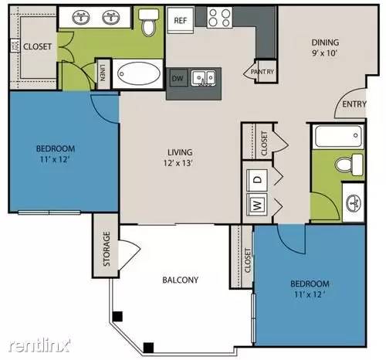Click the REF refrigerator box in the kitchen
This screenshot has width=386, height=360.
coord(180,20)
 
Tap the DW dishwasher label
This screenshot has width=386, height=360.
coord(177,78)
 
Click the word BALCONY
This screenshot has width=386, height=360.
coord(181,280)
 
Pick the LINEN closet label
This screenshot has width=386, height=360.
coord(103,74)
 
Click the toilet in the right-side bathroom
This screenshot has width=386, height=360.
coord(353,165)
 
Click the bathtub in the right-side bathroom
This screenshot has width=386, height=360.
coord(337,137)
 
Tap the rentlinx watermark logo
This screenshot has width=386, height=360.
coord(37,342)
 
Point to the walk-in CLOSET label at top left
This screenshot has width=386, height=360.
coord(37,46)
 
